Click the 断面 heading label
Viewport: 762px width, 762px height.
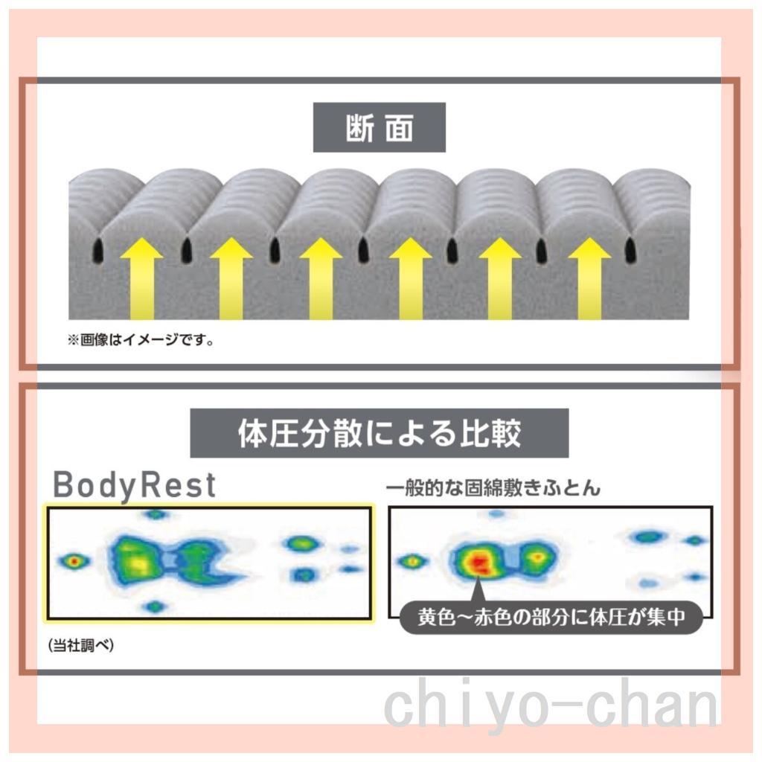(x=379, y=127)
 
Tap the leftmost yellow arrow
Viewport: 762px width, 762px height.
(x=141, y=278)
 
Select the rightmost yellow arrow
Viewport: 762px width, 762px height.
(x=589, y=278)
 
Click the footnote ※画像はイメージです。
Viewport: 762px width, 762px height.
(x=141, y=339)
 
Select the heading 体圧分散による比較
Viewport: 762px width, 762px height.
(x=379, y=433)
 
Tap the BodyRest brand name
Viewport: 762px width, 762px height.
(x=134, y=485)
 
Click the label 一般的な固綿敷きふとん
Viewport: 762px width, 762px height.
(x=493, y=488)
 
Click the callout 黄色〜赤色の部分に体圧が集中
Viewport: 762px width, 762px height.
(x=551, y=617)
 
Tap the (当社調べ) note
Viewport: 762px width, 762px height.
(x=80, y=645)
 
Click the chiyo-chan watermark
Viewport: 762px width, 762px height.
(x=551, y=705)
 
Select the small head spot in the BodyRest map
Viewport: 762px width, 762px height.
(x=74, y=561)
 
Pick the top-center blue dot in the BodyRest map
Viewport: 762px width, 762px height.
(x=156, y=513)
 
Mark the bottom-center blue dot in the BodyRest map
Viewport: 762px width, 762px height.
(x=155, y=606)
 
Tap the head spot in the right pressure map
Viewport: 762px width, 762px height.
(x=412, y=561)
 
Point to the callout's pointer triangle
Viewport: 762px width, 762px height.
(x=478, y=590)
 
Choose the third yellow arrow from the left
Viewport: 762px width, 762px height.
(x=321, y=278)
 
